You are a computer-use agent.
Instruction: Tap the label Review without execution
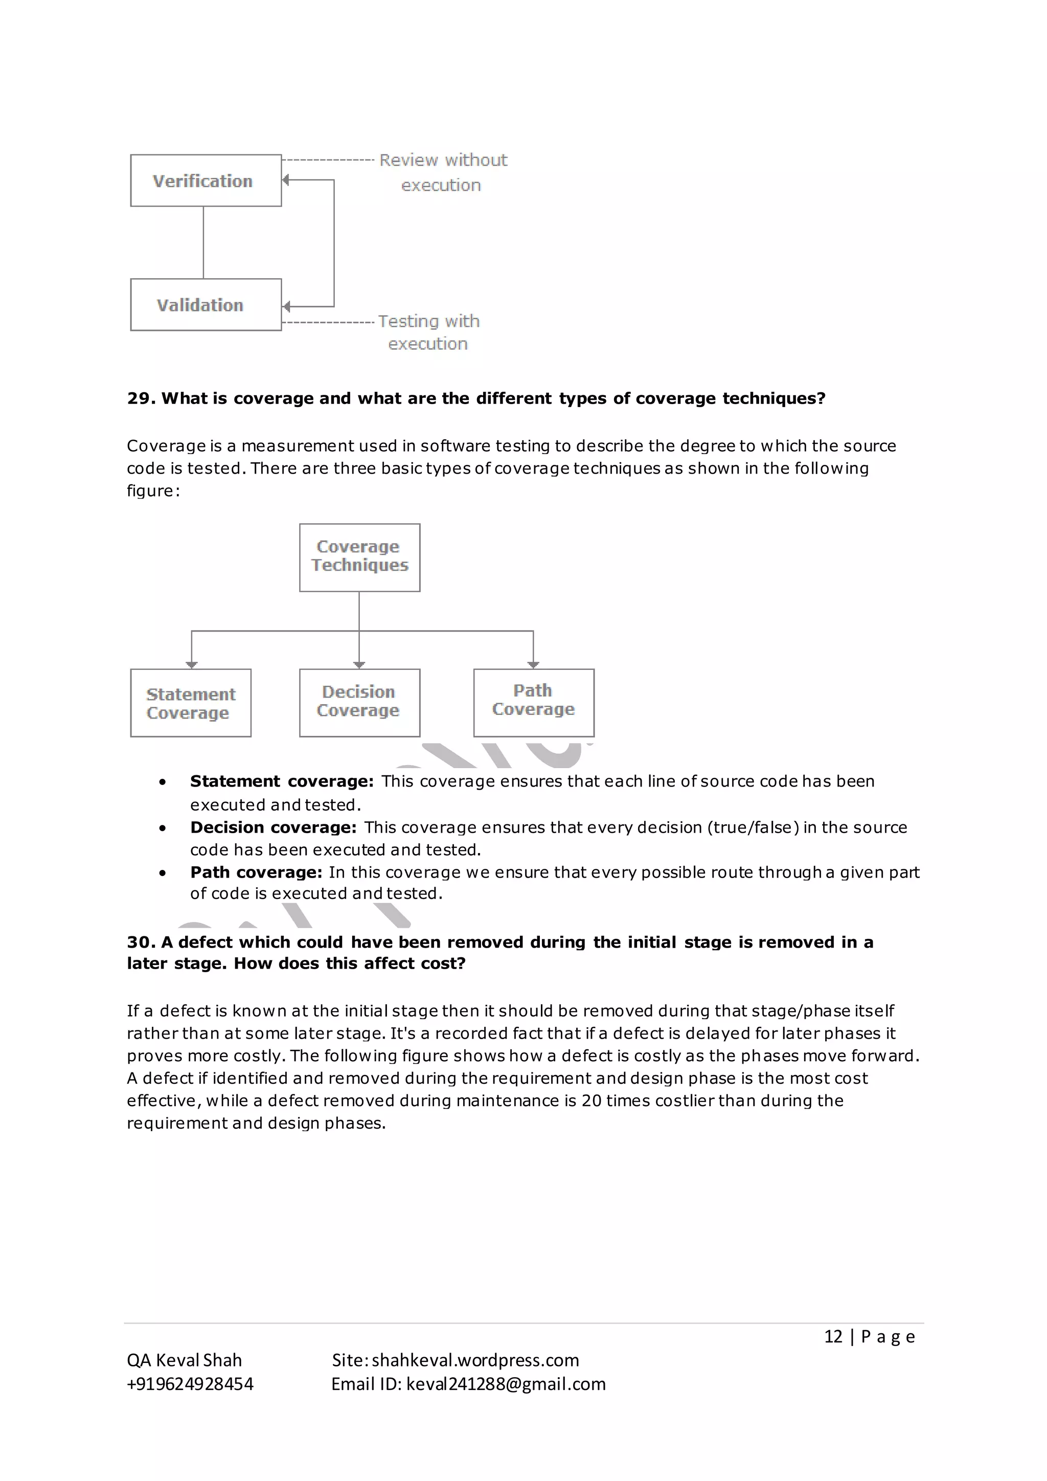pos(443,172)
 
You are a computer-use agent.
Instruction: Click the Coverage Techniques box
pos(360,557)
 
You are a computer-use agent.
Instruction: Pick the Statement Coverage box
pos(191,703)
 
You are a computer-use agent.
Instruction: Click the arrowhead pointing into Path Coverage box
pos(533,664)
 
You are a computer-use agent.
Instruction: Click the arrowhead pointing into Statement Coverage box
pos(192,664)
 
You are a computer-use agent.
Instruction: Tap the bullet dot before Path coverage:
pos(163,873)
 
